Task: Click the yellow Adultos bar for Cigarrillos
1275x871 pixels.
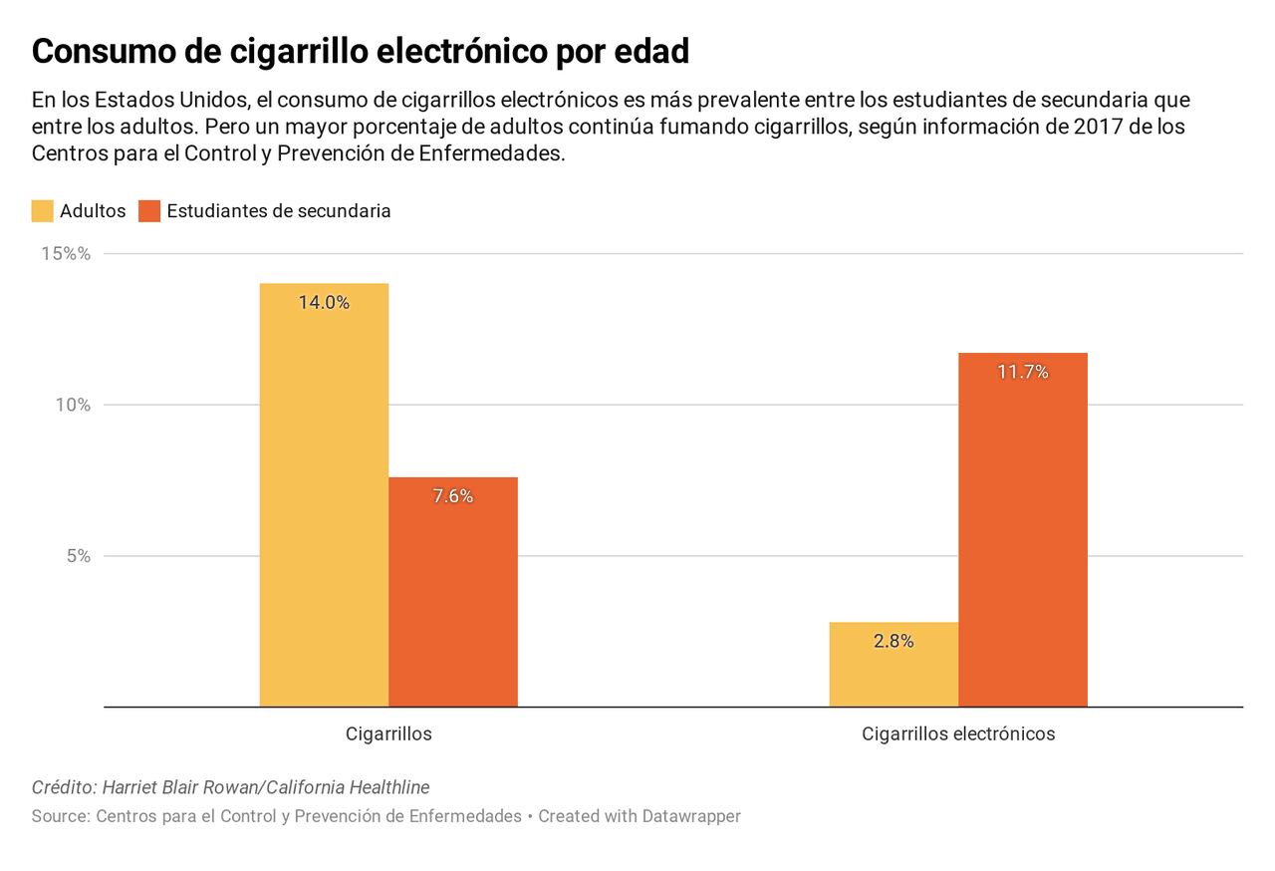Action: click(x=324, y=498)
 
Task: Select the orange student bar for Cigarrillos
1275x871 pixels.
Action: click(x=453, y=598)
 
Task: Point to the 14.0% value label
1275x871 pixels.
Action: click(x=324, y=303)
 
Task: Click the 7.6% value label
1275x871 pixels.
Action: click(x=453, y=496)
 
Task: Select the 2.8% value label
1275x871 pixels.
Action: click(x=893, y=642)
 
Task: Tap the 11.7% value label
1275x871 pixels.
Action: click(x=1023, y=373)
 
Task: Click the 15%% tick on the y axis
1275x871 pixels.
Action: click(x=66, y=254)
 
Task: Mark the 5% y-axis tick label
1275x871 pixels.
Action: click(x=79, y=556)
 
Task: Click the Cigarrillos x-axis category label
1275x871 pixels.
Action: click(x=388, y=734)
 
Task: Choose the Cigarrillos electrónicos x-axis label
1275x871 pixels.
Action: click(x=958, y=734)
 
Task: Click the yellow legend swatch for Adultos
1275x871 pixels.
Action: click(x=43, y=211)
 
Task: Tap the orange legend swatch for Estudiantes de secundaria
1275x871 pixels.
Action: click(x=149, y=211)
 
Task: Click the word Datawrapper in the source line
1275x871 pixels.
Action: click(x=691, y=816)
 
